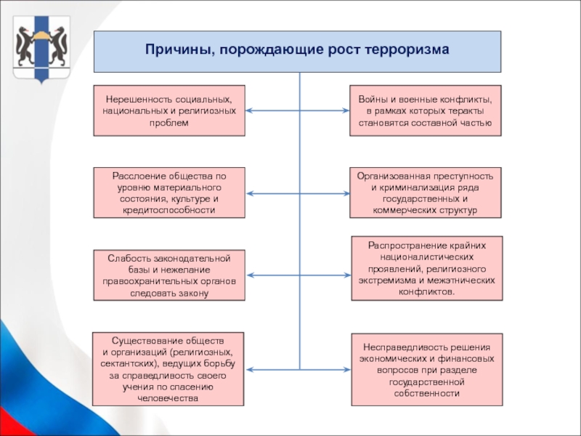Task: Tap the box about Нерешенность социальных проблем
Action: pyautogui.click(x=169, y=110)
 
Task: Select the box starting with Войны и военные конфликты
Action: pyautogui.click(x=426, y=110)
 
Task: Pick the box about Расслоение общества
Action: pyautogui.click(x=169, y=193)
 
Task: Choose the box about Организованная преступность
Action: pyautogui.click(x=426, y=193)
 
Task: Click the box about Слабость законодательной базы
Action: pyautogui.click(x=169, y=275)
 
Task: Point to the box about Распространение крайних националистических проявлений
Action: pyautogui.click(x=427, y=268)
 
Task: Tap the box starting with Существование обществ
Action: pyautogui.click(x=168, y=369)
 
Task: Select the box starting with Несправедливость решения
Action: pyautogui.click(x=427, y=370)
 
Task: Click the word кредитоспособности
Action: pyautogui.click(x=169, y=210)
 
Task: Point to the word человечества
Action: pyautogui.click(x=168, y=398)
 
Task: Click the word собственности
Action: pyautogui.click(x=427, y=393)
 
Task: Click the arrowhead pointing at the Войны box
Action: pyautogui.click(x=346, y=110)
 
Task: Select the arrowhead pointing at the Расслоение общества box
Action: pyautogui.click(x=250, y=193)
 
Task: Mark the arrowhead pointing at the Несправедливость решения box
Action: pyautogui.click(x=347, y=370)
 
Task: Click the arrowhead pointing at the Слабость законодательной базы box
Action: pyautogui.click(x=250, y=275)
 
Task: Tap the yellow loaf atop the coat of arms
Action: pyautogui.click(x=41, y=36)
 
